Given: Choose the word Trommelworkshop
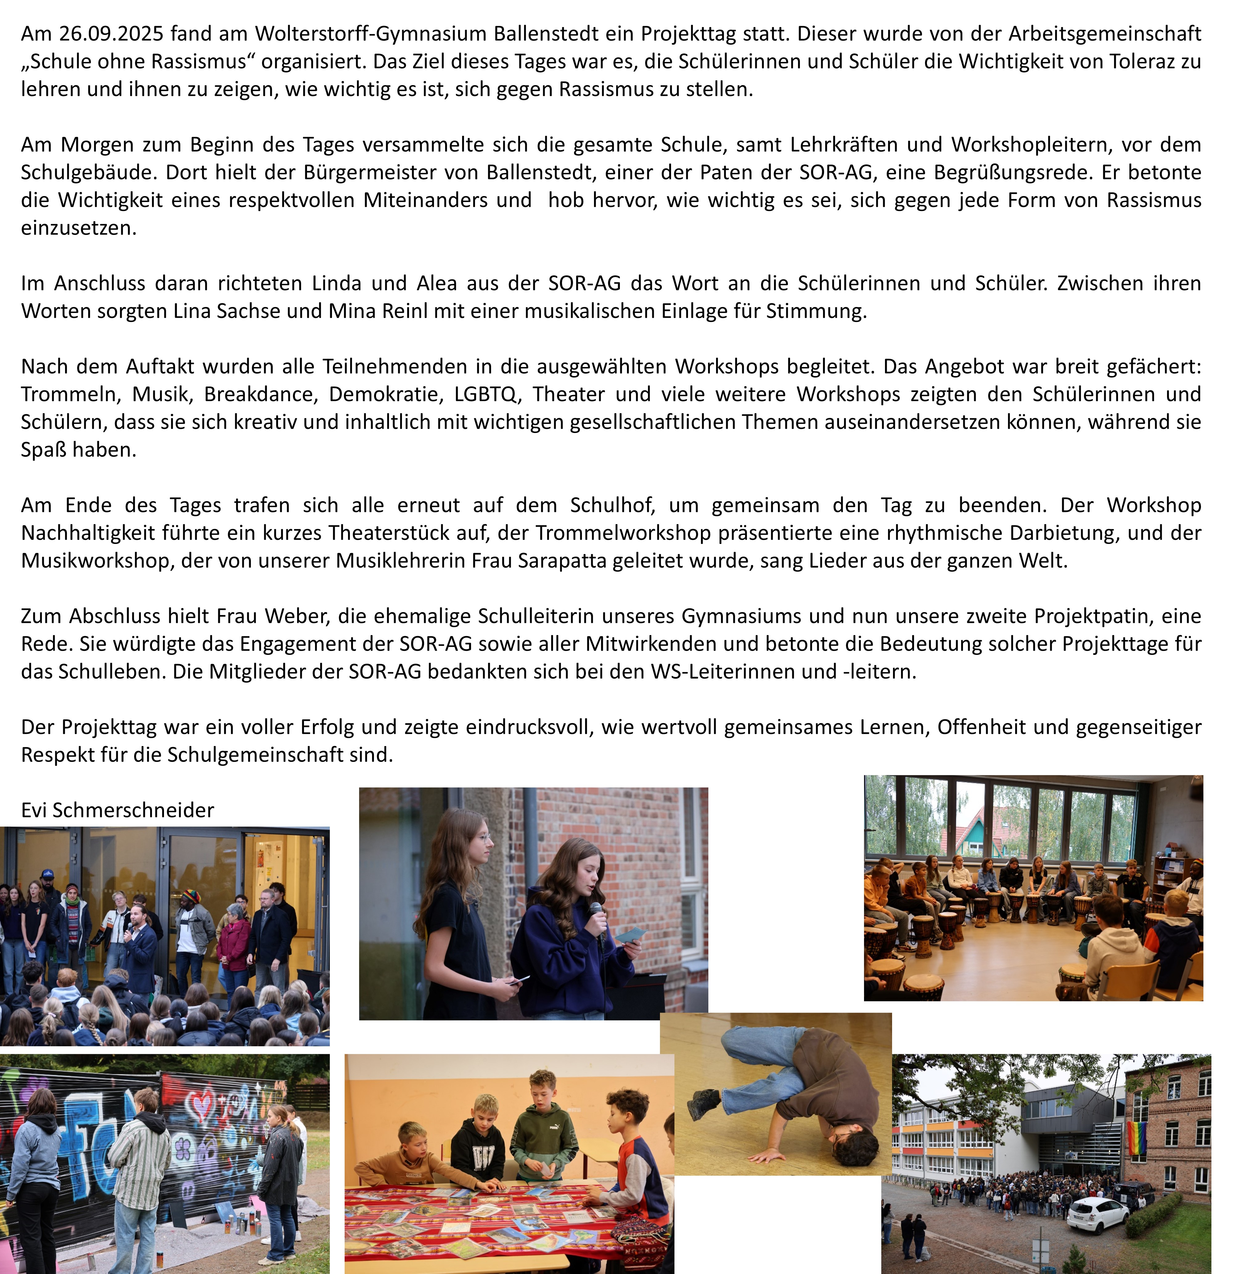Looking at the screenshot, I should pyautogui.click(x=623, y=532).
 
